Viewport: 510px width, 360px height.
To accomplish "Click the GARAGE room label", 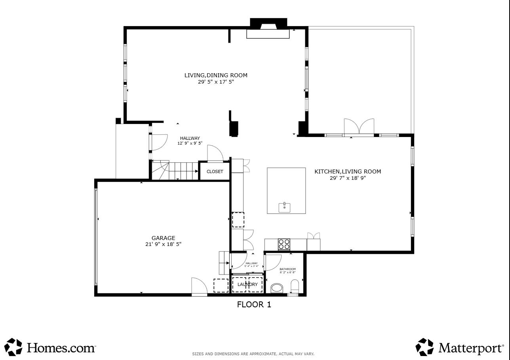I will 163,238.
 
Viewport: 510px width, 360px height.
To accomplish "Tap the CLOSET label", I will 215,171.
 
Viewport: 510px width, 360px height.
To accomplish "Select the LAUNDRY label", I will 247,284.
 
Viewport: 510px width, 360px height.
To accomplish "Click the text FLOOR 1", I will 254,305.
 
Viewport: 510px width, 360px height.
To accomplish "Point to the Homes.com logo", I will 50,347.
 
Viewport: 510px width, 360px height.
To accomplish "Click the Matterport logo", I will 459,347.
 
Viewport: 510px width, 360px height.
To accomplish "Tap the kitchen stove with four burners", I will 284,244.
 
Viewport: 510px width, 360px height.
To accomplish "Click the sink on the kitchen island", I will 284,207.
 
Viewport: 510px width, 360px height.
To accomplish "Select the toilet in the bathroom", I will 295,286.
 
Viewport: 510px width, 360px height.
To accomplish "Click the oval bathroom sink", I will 277,288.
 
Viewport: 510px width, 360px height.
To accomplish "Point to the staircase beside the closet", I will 174,170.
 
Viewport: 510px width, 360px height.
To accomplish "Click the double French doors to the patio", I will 359,127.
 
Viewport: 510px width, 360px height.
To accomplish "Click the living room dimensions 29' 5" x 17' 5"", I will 216,82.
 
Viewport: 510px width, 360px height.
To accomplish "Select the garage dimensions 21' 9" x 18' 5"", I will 163,244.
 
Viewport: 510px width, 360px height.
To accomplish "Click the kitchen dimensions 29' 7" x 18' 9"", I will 348,178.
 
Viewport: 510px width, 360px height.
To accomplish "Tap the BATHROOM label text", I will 287,269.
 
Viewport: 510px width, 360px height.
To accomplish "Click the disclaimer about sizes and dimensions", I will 253,354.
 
